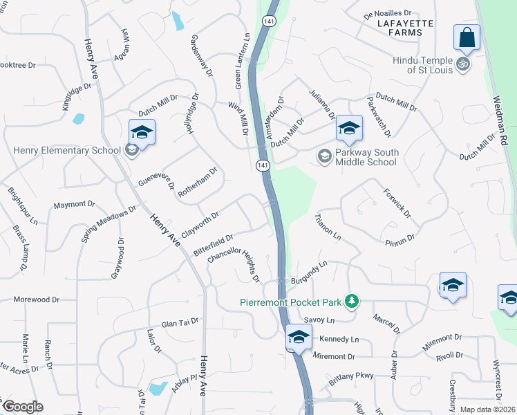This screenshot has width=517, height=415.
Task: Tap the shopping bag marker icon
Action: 467,37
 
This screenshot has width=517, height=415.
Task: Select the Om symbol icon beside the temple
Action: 463,65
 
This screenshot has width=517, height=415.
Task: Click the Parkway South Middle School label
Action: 366,157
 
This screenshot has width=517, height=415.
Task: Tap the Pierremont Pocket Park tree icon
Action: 352,301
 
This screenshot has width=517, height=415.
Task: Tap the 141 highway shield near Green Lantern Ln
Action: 268,22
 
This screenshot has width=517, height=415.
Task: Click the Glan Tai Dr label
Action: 180,322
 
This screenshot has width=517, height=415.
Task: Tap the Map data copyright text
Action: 487,409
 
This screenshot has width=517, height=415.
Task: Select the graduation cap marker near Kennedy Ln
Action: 299,338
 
